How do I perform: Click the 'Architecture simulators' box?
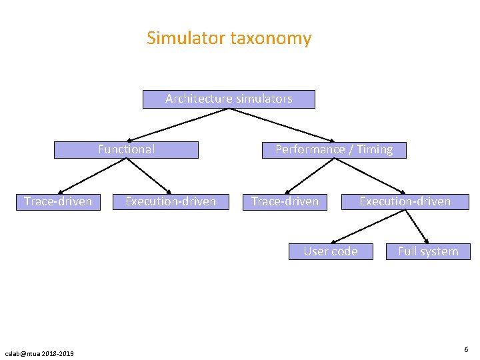click(x=229, y=99)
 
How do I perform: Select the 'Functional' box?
click(x=126, y=150)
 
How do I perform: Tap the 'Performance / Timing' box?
click(x=334, y=150)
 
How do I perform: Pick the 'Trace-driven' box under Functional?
click(x=58, y=201)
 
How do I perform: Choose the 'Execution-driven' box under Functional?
click(x=171, y=201)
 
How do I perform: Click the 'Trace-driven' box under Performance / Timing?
click(x=285, y=201)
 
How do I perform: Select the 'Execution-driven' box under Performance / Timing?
click(x=405, y=201)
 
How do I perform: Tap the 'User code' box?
click(x=331, y=251)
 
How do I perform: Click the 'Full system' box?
click(x=428, y=251)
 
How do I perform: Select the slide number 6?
click(x=466, y=349)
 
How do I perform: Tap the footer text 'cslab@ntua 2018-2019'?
click(x=39, y=353)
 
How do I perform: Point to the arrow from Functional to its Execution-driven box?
click(x=149, y=175)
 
